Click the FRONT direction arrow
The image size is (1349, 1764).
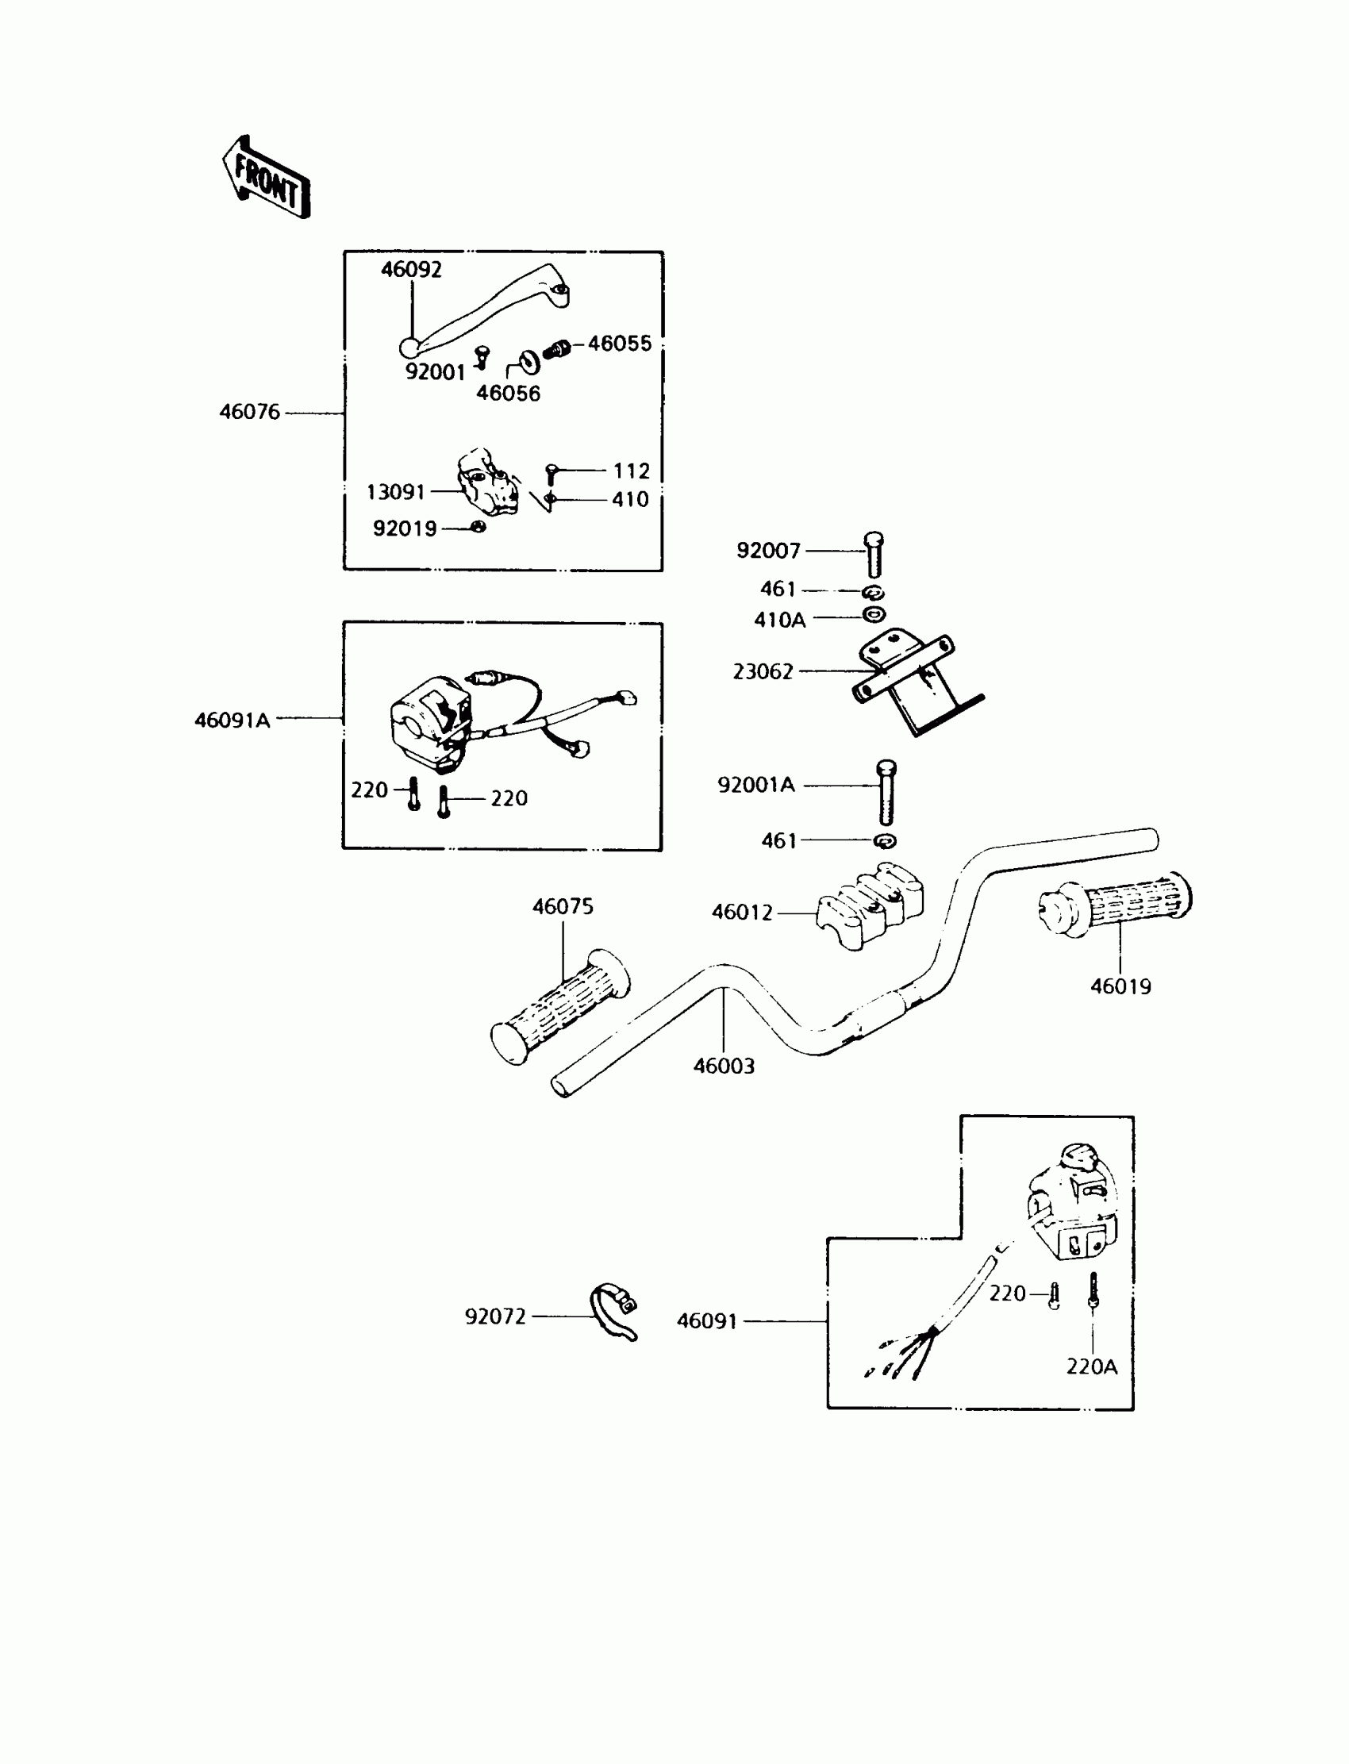tap(267, 178)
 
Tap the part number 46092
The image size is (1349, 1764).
tap(411, 270)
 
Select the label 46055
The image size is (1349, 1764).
tap(619, 344)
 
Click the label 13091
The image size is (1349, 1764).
tap(395, 492)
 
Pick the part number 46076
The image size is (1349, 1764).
tap(250, 412)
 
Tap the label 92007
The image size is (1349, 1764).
tap(768, 551)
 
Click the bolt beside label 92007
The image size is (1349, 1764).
tap(874, 554)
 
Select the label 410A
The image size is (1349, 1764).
tap(780, 620)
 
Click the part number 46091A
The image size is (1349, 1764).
tap(232, 721)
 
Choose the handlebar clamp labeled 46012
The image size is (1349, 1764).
tap(870, 905)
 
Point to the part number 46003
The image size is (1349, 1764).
tap(724, 1066)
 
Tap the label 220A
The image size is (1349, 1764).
tap(1091, 1366)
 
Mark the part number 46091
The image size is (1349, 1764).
tap(706, 1320)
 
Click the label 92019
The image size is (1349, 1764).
tap(405, 529)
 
